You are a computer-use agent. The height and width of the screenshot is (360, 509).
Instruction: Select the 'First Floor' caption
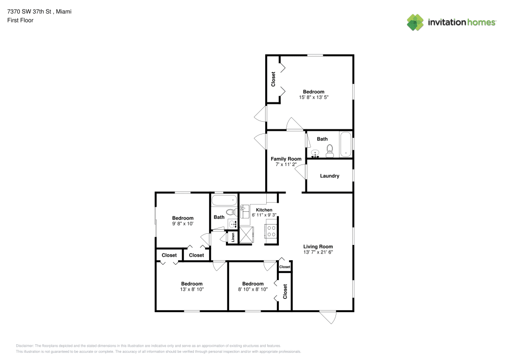[x=20, y=20]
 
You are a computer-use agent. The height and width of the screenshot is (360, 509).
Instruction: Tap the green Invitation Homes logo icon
[x=415, y=22]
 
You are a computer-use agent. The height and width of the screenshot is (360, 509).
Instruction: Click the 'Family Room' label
[x=286, y=159]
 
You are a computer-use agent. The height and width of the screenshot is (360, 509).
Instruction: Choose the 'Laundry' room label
[x=329, y=176]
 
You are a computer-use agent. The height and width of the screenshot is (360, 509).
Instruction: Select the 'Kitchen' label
[x=264, y=210]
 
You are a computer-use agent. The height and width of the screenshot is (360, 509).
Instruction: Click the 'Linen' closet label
[x=233, y=237]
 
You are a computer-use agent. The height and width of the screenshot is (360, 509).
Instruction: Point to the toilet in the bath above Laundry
[x=329, y=150]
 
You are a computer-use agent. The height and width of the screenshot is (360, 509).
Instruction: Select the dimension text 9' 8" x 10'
[x=182, y=224]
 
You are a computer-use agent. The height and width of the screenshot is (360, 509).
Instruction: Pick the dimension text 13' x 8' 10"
[x=191, y=290]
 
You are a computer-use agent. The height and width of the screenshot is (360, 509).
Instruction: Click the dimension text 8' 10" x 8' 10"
[x=253, y=290]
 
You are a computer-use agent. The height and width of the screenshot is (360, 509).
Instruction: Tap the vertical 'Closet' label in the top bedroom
[x=273, y=79]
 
